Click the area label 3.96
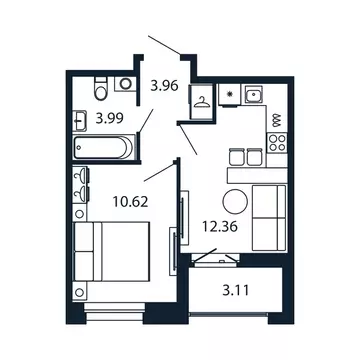(163, 86)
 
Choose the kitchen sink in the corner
(254, 96)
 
